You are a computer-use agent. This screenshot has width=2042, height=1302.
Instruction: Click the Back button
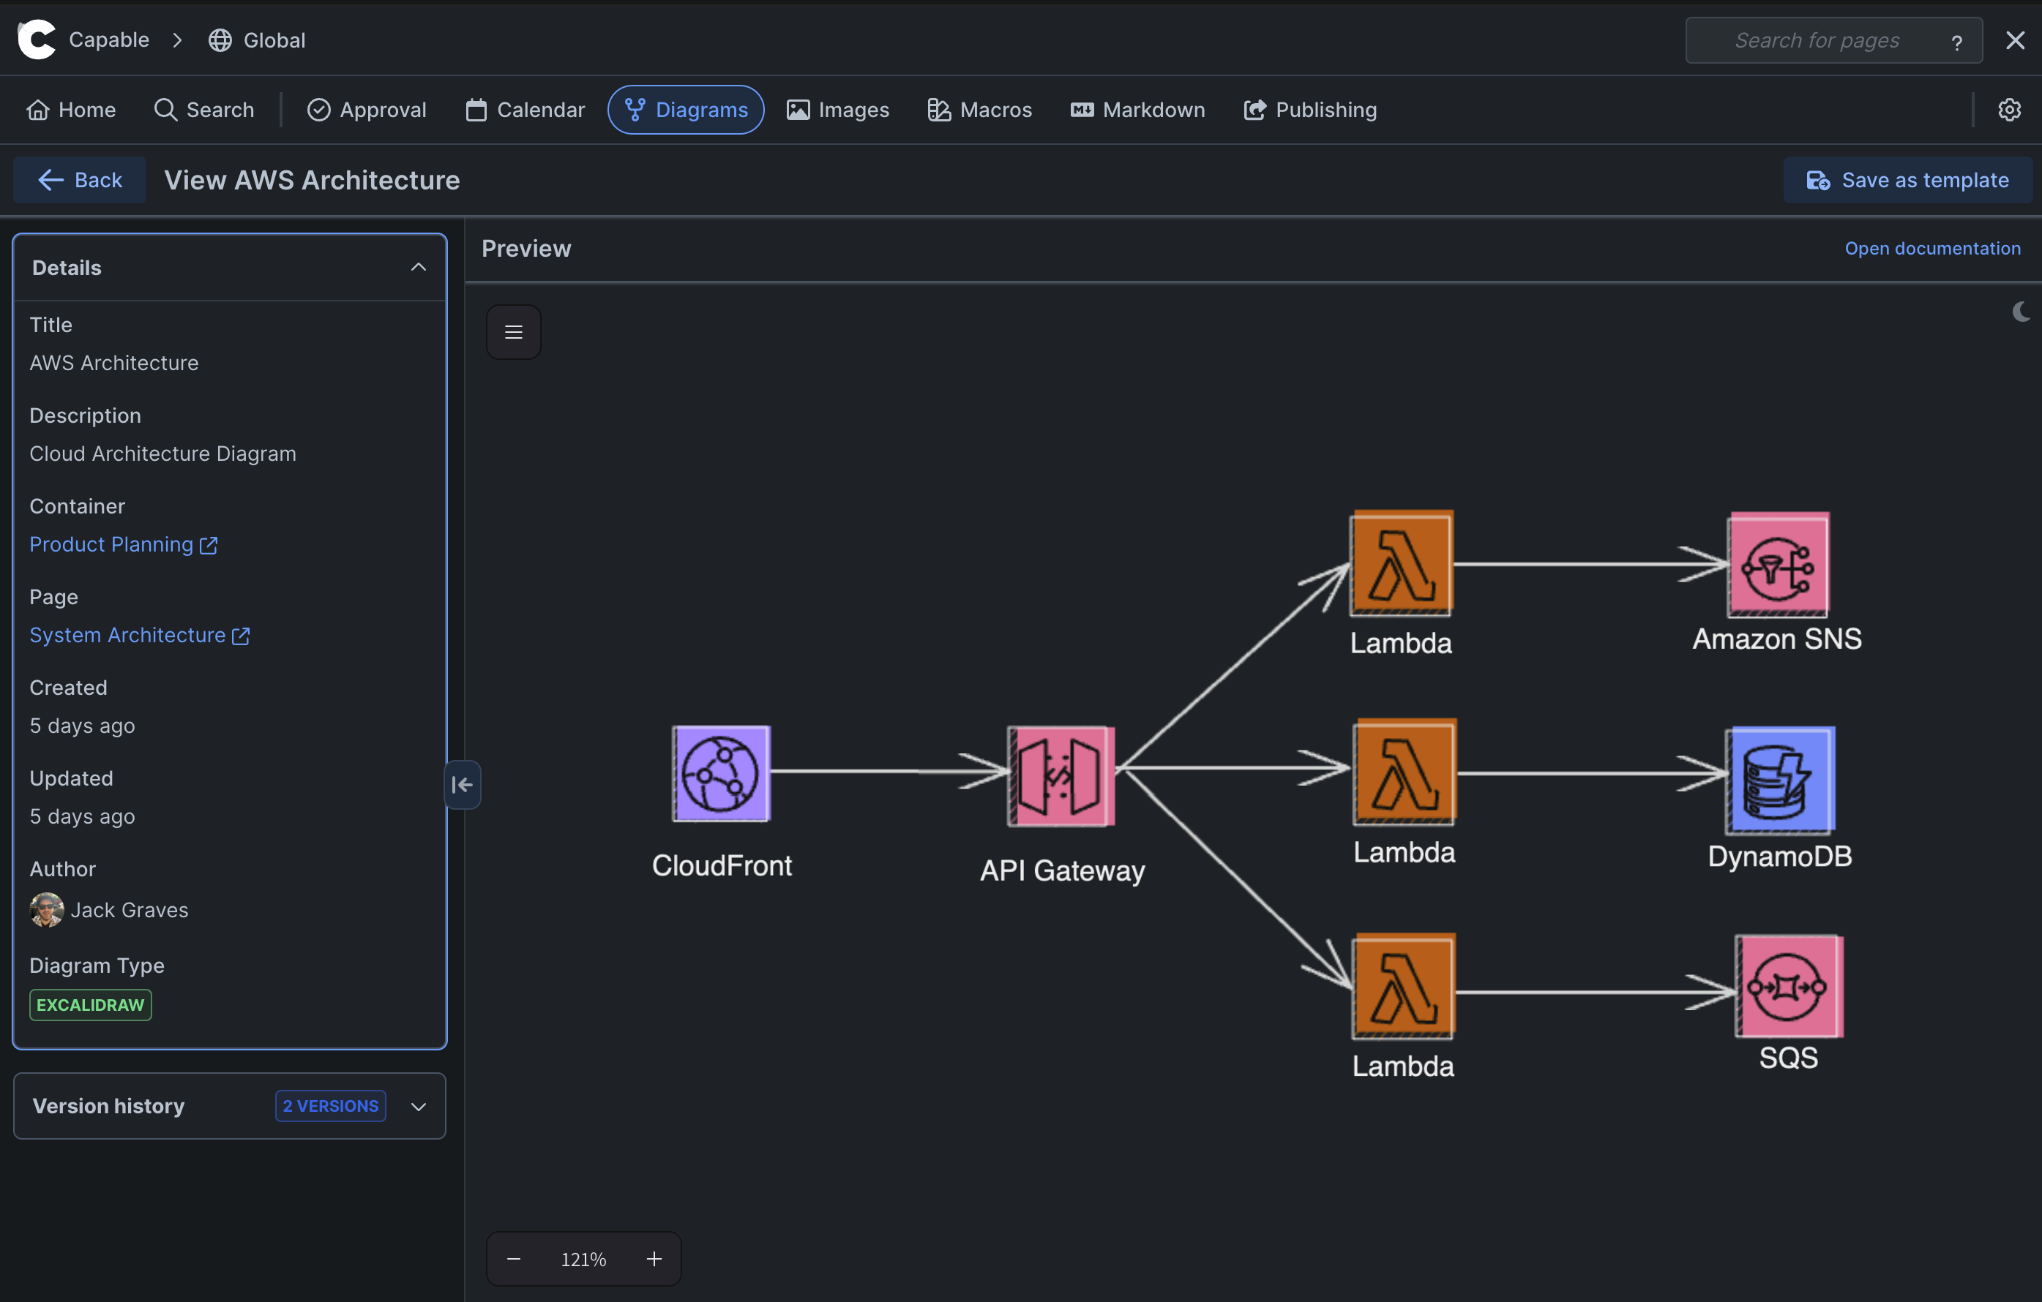80,180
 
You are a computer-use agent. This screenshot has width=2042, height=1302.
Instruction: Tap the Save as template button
1907,180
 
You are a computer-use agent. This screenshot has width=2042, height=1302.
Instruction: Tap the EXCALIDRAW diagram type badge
90,1004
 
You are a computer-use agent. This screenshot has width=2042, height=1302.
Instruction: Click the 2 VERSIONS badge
330,1105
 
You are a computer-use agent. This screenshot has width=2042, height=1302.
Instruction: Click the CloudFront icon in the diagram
721,773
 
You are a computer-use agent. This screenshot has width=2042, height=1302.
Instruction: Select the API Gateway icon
1060,775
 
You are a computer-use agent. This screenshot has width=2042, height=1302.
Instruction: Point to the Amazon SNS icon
1779,565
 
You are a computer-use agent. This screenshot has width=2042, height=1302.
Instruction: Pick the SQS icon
1789,986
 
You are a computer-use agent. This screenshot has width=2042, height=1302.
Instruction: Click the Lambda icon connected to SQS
1404,986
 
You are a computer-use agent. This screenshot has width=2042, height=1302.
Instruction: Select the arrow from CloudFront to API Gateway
882,770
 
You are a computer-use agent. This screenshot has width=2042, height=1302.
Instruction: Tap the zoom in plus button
654,1259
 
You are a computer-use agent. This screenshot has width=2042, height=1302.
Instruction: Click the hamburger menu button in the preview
513,332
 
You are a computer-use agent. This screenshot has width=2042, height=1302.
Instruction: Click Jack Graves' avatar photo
47,909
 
